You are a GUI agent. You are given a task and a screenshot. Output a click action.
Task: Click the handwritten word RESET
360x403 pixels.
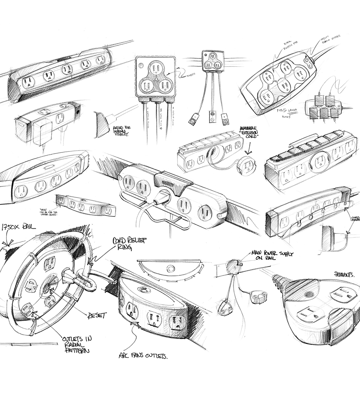[97, 315]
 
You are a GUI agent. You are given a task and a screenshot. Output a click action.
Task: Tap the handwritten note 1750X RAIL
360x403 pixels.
[18, 227]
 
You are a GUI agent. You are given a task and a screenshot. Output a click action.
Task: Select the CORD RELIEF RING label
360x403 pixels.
[129, 243]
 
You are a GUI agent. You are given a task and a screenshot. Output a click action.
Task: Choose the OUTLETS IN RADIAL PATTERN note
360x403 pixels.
[76, 344]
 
